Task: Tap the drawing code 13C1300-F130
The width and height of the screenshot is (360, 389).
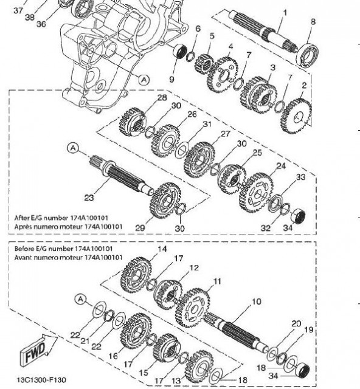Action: [x=41, y=380]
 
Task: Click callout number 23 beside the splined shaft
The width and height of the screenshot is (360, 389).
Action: [x=89, y=198]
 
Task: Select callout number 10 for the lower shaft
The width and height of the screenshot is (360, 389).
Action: [x=257, y=301]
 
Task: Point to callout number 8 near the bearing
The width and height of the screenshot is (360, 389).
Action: [x=313, y=22]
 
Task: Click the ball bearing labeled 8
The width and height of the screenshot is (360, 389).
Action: [x=308, y=55]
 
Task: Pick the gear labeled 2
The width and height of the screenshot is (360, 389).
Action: [x=296, y=116]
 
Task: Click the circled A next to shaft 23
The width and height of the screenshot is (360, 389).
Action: [x=73, y=148]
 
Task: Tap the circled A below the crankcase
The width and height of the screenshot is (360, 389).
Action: [x=144, y=80]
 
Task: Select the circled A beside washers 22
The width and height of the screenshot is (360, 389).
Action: [x=80, y=299]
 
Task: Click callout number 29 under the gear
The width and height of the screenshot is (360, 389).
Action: [x=140, y=228]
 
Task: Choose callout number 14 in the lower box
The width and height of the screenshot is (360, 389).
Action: [x=162, y=249]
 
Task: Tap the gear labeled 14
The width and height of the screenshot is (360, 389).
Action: [x=136, y=275]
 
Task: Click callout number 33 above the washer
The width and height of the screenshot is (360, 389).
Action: [x=300, y=177]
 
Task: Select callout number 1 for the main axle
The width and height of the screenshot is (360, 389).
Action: [x=285, y=13]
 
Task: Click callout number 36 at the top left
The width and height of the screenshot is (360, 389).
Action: [x=41, y=24]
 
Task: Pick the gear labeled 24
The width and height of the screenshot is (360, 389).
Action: [x=256, y=193]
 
